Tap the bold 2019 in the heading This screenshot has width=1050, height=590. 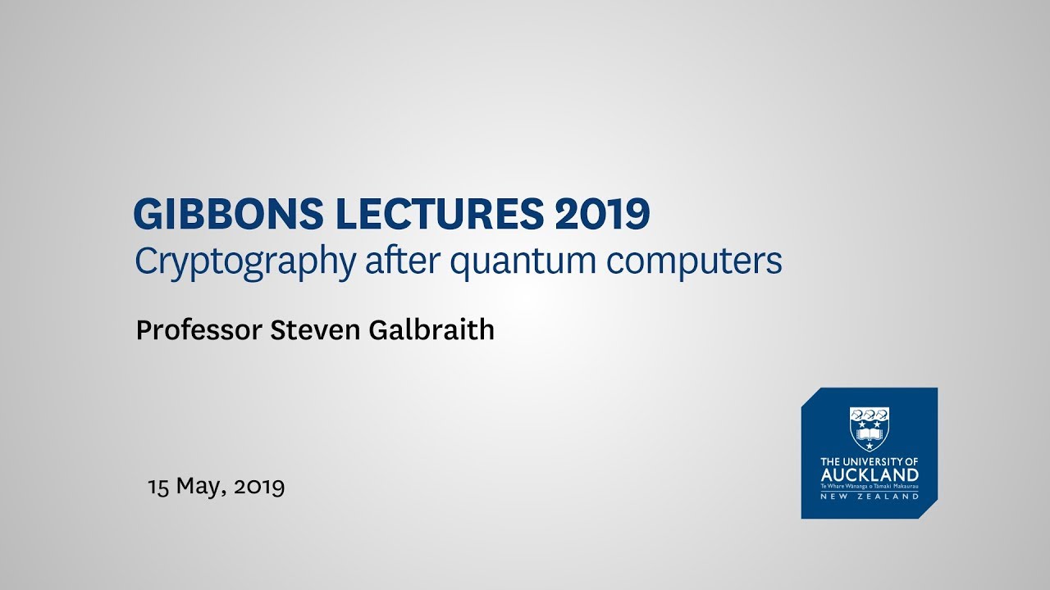602,215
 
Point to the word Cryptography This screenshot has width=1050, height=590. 245,261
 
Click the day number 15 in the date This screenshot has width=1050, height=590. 157,487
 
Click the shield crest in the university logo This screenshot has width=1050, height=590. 870,428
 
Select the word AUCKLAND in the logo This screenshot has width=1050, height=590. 870,475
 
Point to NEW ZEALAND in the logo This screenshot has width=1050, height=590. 870,496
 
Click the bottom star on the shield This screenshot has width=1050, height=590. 870,443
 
